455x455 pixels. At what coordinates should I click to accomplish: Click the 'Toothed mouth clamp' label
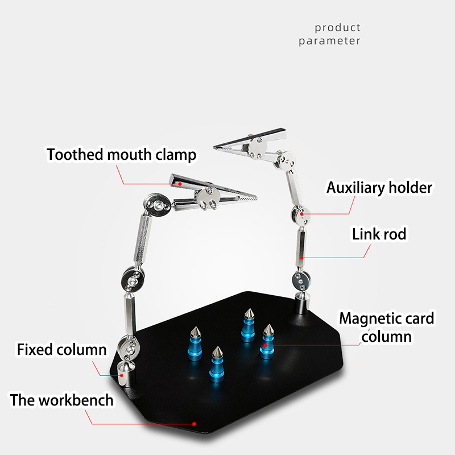point(121,154)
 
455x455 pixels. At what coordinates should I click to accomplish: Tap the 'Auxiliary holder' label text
point(379,188)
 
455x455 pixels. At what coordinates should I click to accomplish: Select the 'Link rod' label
point(379,234)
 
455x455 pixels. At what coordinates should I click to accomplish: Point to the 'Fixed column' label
point(62,349)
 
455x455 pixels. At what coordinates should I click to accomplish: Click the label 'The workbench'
point(61,400)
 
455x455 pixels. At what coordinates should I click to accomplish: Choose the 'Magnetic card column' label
point(387,328)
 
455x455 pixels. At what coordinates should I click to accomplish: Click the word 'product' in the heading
point(338,28)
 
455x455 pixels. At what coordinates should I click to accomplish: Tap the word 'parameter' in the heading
point(330,41)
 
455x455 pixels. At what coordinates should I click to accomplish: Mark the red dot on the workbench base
point(194,424)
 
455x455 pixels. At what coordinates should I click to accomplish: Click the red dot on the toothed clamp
point(180,184)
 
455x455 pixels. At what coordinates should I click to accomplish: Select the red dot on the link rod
point(302,258)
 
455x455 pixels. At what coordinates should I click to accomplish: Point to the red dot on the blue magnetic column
point(265,345)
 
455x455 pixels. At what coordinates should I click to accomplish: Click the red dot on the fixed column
point(122,375)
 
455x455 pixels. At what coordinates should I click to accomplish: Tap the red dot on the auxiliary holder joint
point(302,214)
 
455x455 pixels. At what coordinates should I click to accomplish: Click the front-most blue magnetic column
point(217,364)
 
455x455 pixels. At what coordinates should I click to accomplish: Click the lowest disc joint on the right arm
point(301,281)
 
